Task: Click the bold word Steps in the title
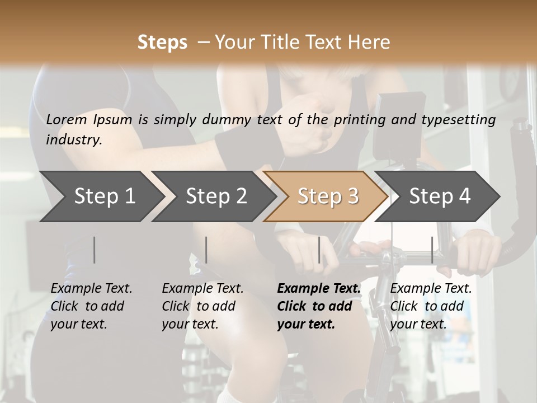pyautogui.click(x=162, y=43)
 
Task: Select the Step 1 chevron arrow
pyautogui.click(x=101, y=196)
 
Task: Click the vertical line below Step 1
pyautogui.click(x=95, y=250)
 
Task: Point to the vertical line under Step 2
pyautogui.click(x=206, y=250)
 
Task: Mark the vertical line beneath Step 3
pyautogui.click(x=319, y=250)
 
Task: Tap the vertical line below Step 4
pyautogui.click(x=432, y=250)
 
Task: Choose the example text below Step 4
pyautogui.click(x=431, y=306)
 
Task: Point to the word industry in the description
pyautogui.click(x=74, y=140)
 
